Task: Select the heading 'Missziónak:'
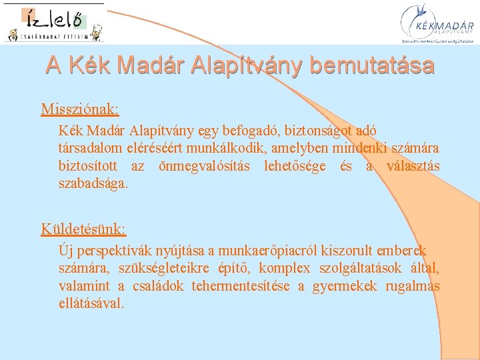point(80,109)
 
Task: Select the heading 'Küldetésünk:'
point(83,229)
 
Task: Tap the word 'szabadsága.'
point(93,184)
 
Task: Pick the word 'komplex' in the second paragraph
point(285,269)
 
